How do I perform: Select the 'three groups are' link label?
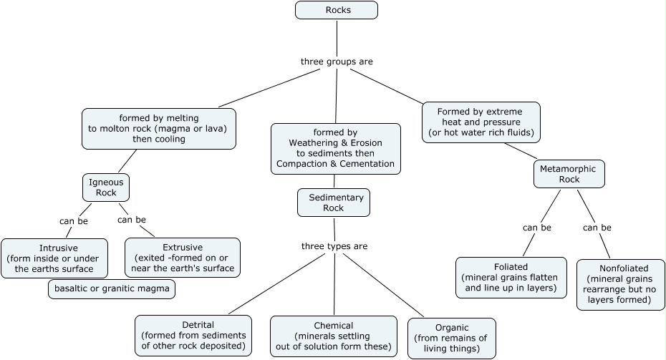[337, 62]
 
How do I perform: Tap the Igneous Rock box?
[106, 187]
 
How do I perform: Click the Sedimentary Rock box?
[334, 203]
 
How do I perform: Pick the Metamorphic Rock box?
[569, 174]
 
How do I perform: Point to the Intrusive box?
[54, 258]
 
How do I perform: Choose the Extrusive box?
[183, 258]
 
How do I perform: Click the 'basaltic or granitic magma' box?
[112, 289]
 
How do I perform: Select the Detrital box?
[193, 336]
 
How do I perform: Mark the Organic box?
[451, 339]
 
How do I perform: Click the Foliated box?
[511, 278]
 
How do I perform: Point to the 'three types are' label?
[334, 246]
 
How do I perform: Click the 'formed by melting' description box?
[158, 128]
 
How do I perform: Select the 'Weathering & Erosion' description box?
[335, 148]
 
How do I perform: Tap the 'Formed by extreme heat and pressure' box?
[481, 122]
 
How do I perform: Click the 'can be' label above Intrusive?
[73, 220]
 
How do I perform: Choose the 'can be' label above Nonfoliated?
[597, 228]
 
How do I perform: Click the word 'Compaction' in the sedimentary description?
[301, 164]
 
